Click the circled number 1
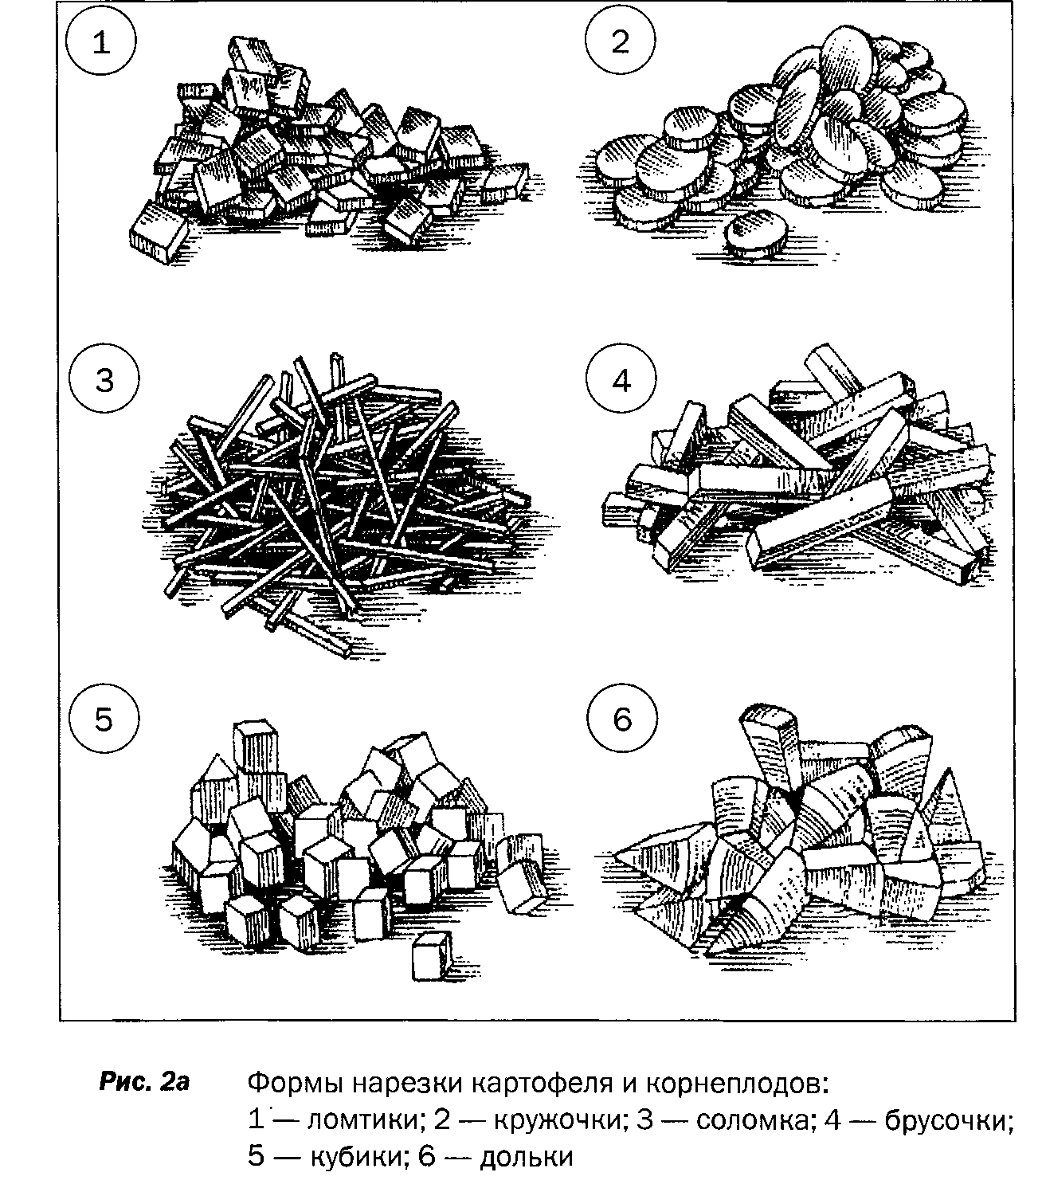[101, 43]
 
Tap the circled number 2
[620, 43]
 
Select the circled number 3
[104, 382]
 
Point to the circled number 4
[621, 382]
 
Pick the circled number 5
[104, 720]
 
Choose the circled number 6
[621, 720]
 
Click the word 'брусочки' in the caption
[947, 1119]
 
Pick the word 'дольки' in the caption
[527, 1156]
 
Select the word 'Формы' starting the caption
[296, 1084]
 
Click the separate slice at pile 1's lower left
[159, 232]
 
